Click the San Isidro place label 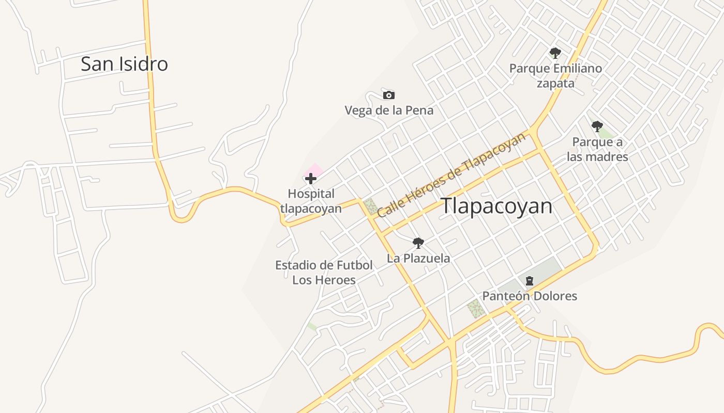click(124, 64)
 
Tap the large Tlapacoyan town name click(496, 206)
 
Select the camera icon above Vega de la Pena click(389, 95)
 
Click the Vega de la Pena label click(389, 110)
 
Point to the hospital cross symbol click(310, 179)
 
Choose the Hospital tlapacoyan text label click(311, 201)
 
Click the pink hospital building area click(315, 169)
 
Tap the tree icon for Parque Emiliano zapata click(555, 53)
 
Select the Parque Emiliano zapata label click(555, 75)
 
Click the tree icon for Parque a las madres click(597, 126)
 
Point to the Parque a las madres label click(597, 149)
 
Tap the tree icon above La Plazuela click(418, 243)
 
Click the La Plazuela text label click(418, 258)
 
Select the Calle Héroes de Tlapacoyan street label click(451, 174)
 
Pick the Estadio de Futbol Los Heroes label click(324, 273)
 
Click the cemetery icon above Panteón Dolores click(529, 281)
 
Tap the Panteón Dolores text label click(530, 296)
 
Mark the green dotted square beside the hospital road click(371, 206)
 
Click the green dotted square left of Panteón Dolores click(476, 309)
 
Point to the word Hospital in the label click(311, 194)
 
